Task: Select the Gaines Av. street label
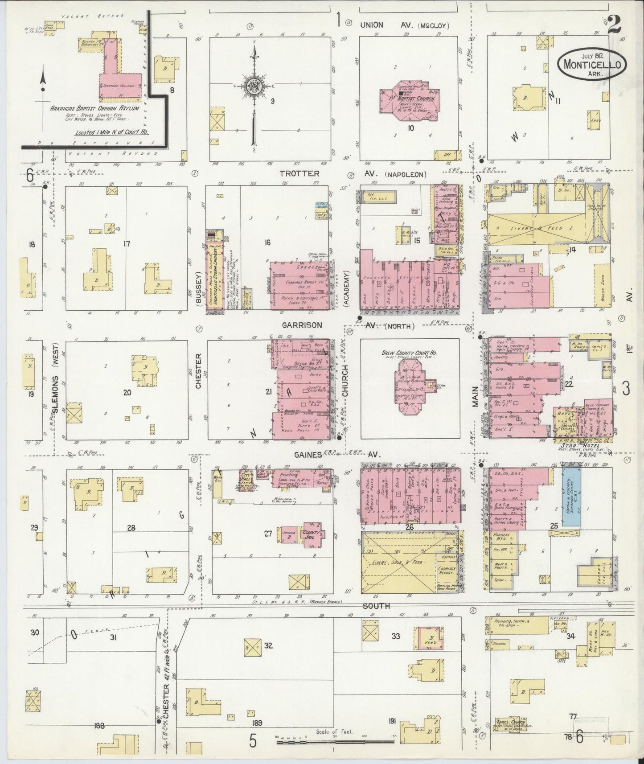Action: [308, 455]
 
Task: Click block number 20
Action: [127, 393]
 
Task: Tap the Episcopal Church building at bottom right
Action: [510, 734]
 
